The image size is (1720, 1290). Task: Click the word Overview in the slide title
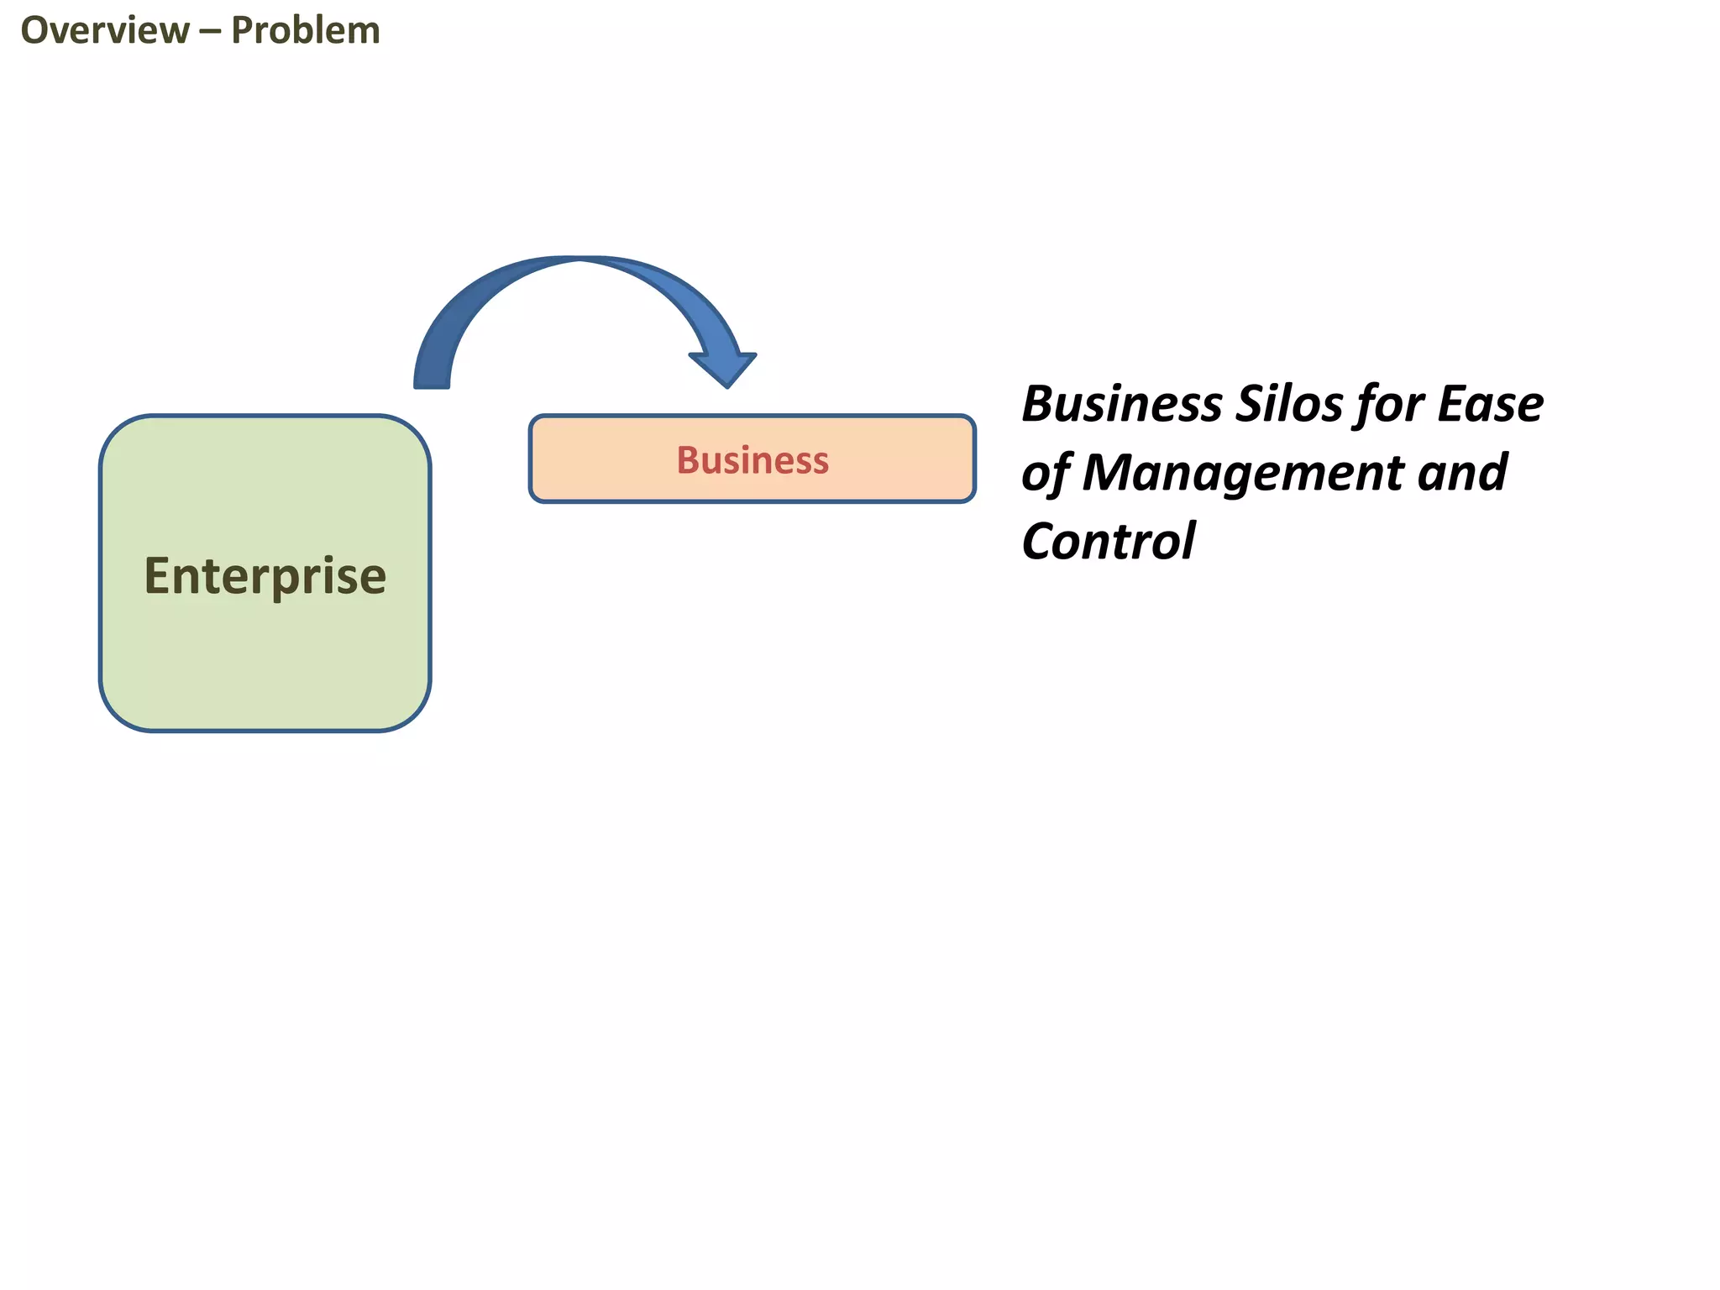[x=105, y=31]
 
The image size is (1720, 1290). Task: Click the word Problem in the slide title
[x=306, y=31]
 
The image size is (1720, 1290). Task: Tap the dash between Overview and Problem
[x=210, y=32]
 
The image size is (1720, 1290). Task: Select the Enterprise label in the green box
[x=265, y=576]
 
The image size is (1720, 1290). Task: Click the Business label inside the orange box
[x=752, y=460]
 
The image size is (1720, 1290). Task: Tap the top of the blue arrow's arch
[x=579, y=260]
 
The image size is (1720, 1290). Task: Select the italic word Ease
[x=1490, y=404]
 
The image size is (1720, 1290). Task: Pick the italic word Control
[x=1108, y=541]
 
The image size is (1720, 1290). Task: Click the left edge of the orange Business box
[x=531, y=459]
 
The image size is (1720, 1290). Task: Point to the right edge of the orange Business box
[x=973, y=459]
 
